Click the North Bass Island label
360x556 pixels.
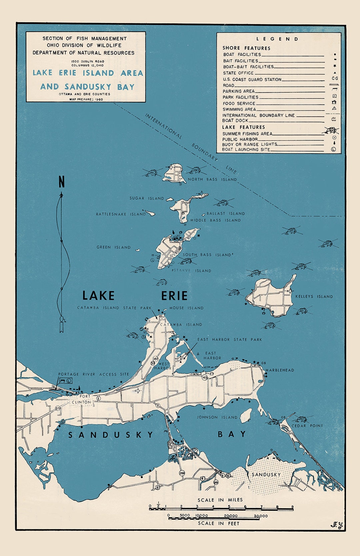[212, 179]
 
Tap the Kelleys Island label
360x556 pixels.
[314, 296]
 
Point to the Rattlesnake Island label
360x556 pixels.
[121, 214]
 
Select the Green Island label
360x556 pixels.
[113, 247]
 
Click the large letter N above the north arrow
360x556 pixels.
[61, 182]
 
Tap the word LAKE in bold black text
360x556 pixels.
[98, 296]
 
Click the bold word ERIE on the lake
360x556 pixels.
[174, 296]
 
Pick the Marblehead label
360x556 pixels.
[280, 370]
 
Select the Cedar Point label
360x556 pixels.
[307, 426]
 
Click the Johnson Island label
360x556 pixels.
[217, 417]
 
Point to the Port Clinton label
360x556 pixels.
[82, 399]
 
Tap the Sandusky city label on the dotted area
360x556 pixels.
[266, 474]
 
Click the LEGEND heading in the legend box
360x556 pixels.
[277, 39]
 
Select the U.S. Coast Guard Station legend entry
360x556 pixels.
[252, 79]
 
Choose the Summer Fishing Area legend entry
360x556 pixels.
[247, 134]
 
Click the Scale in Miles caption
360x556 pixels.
[220, 500]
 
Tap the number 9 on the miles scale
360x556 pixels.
[293, 507]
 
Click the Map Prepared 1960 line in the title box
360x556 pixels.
[86, 99]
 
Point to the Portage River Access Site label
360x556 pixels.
[93, 374]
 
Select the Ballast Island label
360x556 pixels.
[226, 214]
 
